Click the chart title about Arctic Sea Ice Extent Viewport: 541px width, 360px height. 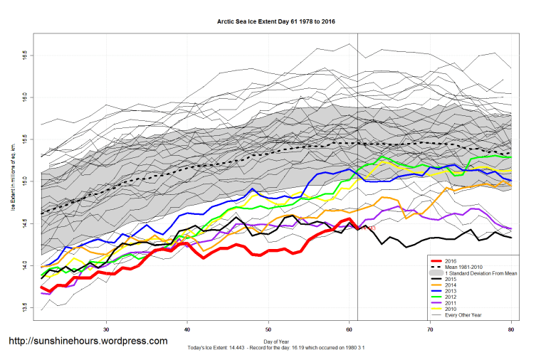point(275,21)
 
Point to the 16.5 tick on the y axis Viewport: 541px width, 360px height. point(24,54)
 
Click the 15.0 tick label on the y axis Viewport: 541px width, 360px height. point(24,181)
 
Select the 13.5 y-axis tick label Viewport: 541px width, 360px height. point(24,308)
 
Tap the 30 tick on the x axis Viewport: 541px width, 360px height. point(106,329)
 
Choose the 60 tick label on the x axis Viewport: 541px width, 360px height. point(350,329)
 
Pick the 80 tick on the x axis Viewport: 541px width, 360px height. point(512,329)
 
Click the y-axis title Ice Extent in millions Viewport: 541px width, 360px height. point(13,178)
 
